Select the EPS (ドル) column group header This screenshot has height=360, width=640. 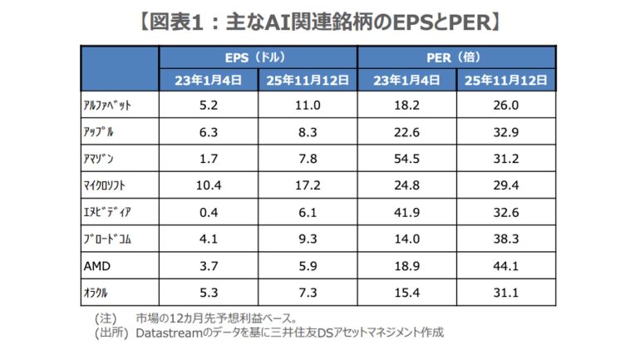pyautogui.click(x=258, y=57)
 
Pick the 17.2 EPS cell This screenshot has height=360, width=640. pyautogui.click(x=308, y=184)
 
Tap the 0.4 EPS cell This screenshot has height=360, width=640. pyautogui.click(x=209, y=212)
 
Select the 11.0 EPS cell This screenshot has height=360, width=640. pyautogui.click(x=308, y=106)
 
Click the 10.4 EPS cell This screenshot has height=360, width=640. pyautogui.click(x=209, y=184)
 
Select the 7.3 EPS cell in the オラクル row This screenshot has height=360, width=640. pyautogui.click(x=308, y=294)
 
